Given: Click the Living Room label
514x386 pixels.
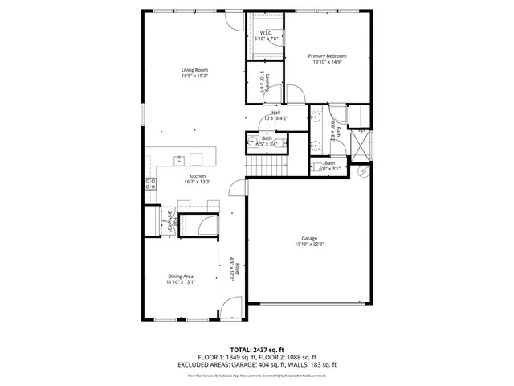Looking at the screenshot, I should point(195,71).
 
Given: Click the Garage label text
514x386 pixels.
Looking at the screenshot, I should point(309,239).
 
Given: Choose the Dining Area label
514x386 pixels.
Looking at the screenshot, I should point(181,277).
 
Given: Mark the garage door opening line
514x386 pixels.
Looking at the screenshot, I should point(309,303).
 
